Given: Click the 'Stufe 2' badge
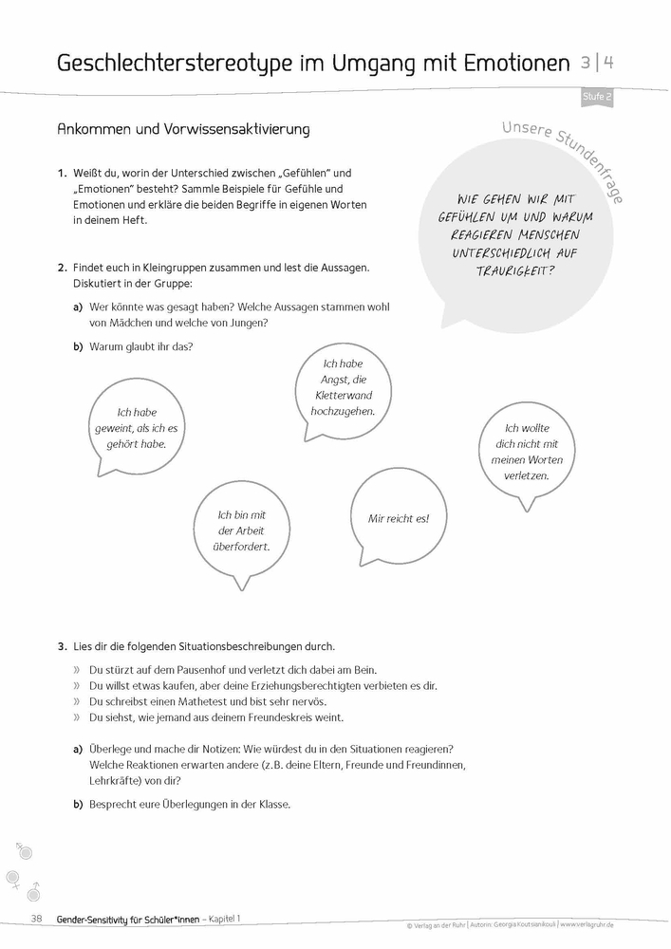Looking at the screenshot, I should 596,97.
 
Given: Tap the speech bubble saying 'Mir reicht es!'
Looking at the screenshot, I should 399,519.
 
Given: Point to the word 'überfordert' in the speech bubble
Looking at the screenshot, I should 241,547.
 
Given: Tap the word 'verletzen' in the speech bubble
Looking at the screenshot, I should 527,475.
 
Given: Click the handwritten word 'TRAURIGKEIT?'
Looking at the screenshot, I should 515,270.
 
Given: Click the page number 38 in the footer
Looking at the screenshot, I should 37,918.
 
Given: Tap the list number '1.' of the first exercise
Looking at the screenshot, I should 62,173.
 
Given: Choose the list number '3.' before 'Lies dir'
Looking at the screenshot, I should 62,646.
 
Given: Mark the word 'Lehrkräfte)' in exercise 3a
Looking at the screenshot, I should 117,781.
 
